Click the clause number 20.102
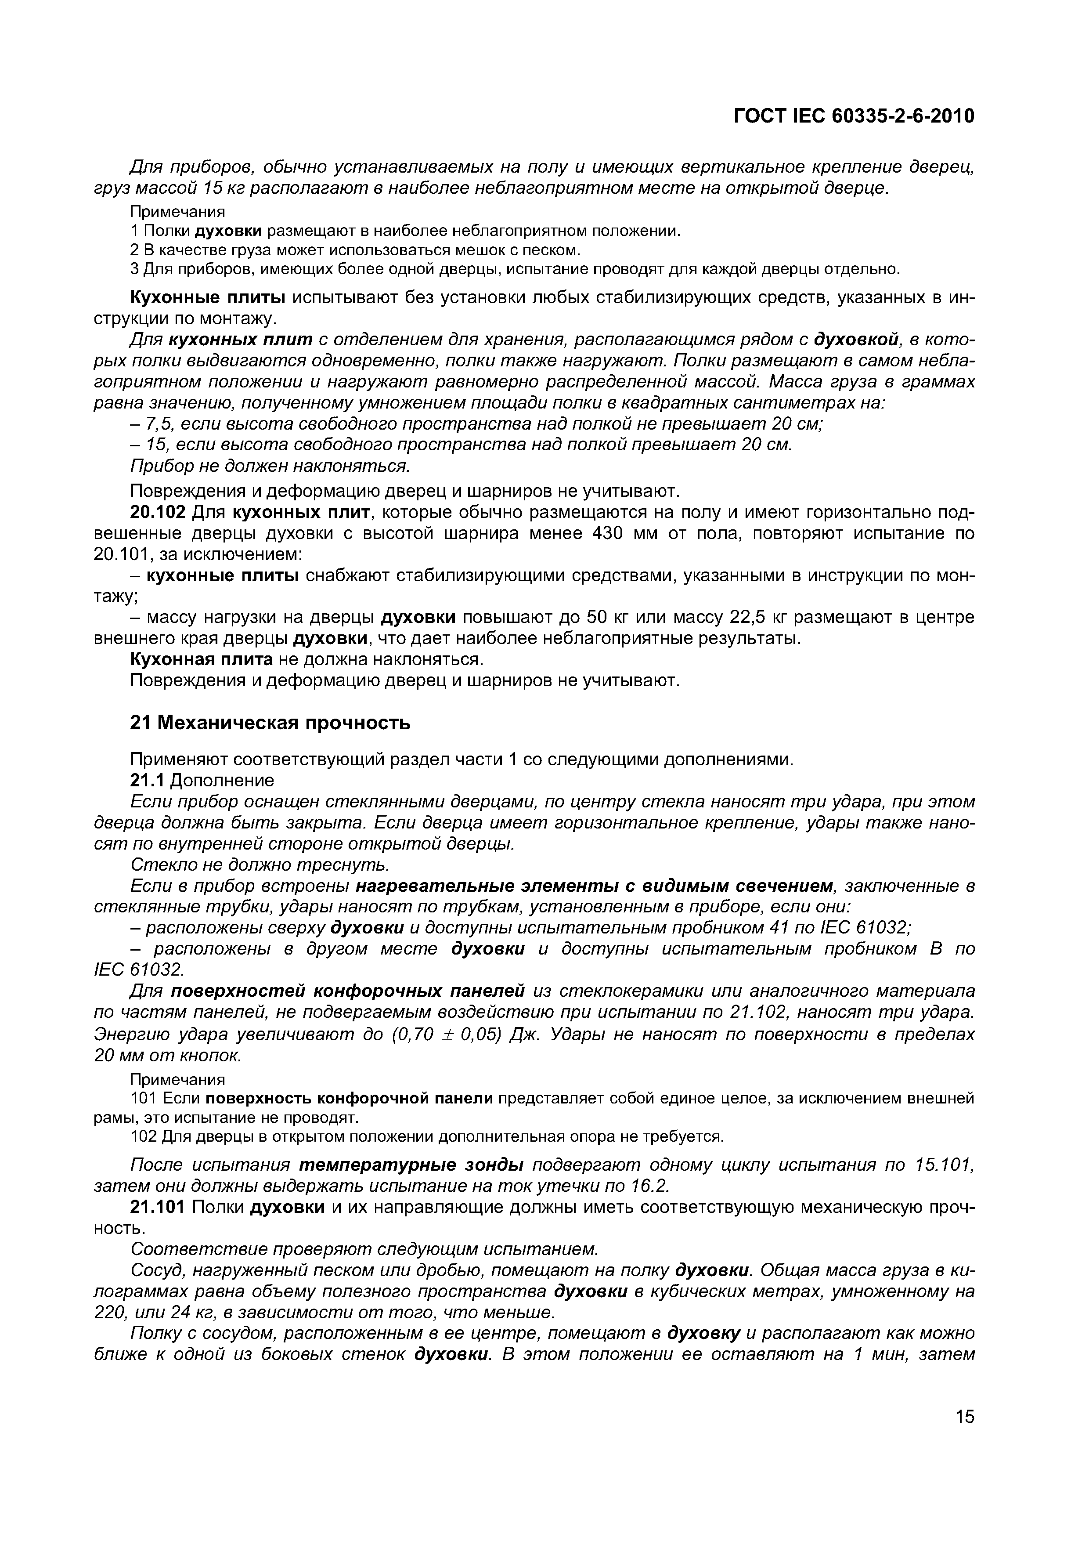(x=158, y=513)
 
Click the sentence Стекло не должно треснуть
(x=260, y=865)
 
